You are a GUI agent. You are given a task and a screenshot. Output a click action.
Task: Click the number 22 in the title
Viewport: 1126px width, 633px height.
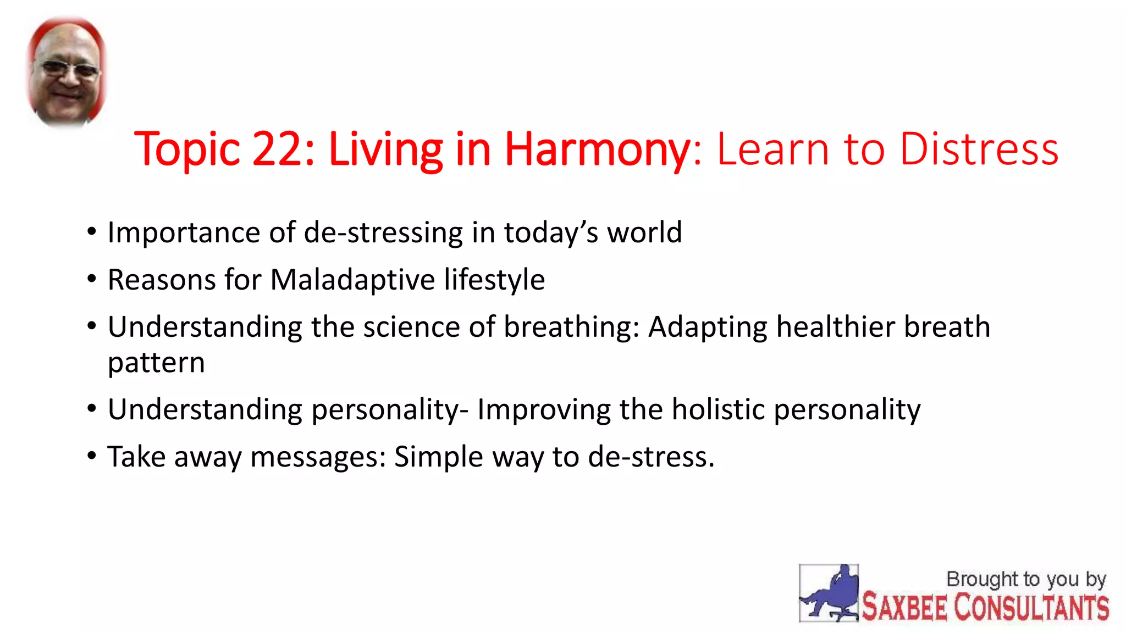click(277, 149)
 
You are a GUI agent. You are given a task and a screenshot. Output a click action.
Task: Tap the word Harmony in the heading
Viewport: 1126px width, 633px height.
click(597, 149)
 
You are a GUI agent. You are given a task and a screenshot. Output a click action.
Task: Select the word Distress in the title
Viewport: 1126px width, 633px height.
click(979, 149)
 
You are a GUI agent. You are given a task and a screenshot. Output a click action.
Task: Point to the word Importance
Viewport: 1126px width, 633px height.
click(183, 232)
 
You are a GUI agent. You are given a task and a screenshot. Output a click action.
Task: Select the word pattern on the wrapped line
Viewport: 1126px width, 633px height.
click(156, 363)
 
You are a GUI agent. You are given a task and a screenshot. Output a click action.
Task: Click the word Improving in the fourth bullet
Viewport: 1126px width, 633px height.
click(544, 409)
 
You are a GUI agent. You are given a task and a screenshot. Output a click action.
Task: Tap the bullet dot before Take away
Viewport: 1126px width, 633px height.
click(92, 456)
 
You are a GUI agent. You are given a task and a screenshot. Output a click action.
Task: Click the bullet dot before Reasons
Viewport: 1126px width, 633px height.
click(92, 279)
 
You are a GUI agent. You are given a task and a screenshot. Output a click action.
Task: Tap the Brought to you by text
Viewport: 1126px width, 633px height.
click(1026, 579)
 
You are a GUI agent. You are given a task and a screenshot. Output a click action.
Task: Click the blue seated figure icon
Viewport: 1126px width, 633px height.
click(829, 593)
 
